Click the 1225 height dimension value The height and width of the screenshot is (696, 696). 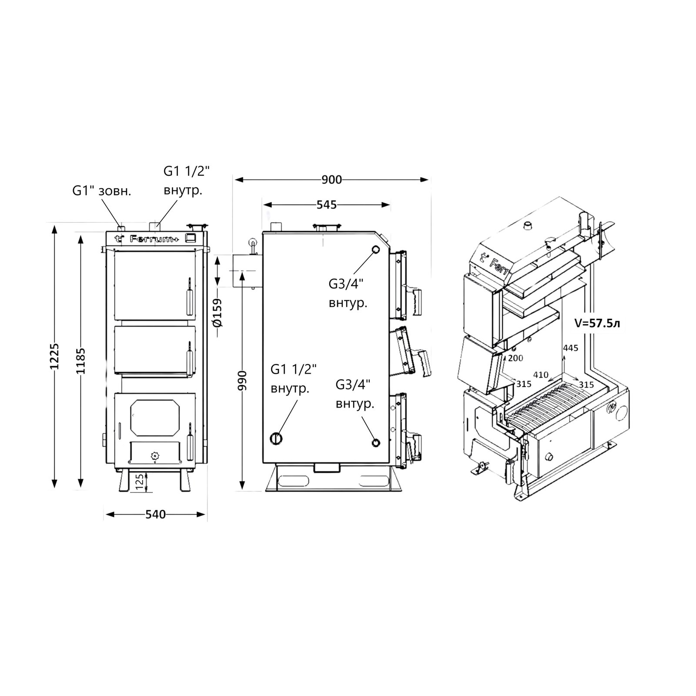click(x=54, y=356)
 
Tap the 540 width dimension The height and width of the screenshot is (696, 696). click(x=155, y=514)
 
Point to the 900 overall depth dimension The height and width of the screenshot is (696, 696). click(x=332, y=180)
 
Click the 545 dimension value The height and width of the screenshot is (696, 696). click(x=327, y=204)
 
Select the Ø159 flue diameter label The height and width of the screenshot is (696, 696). click(x=217, y=312)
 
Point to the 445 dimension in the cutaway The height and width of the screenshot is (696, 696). click(x=570, y=348)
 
